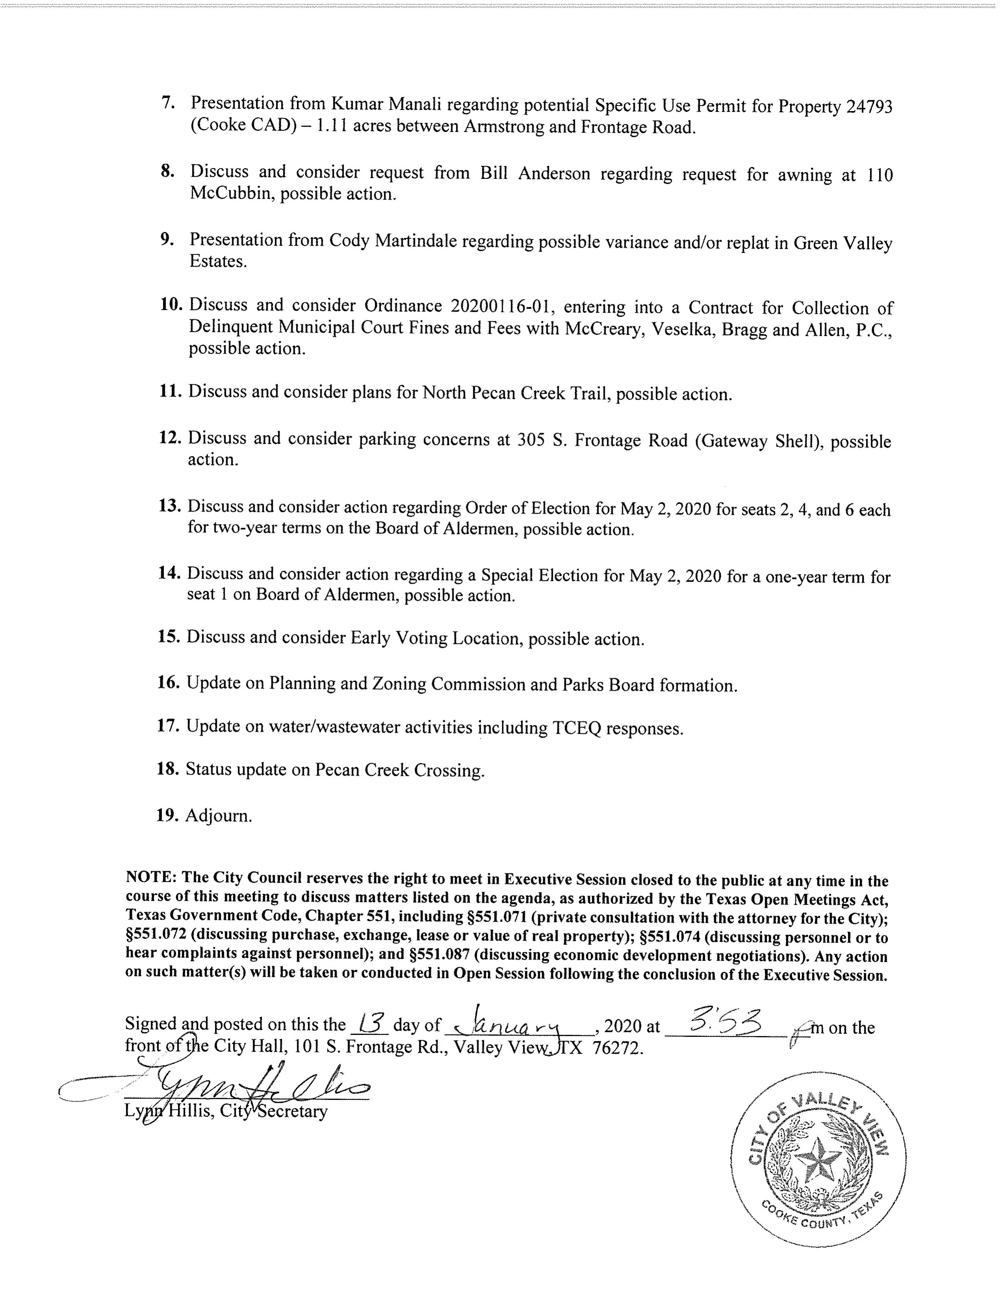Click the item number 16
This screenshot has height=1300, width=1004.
pyautogui.click(x=169, y=682)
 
